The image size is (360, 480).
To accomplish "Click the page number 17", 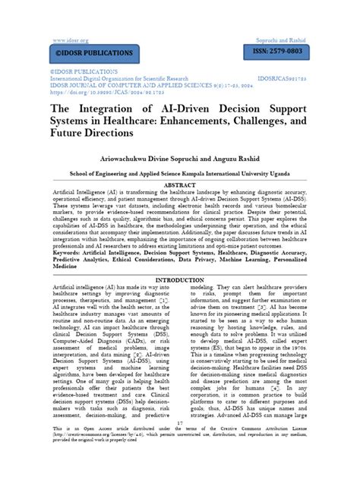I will click(x=179, y=444).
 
